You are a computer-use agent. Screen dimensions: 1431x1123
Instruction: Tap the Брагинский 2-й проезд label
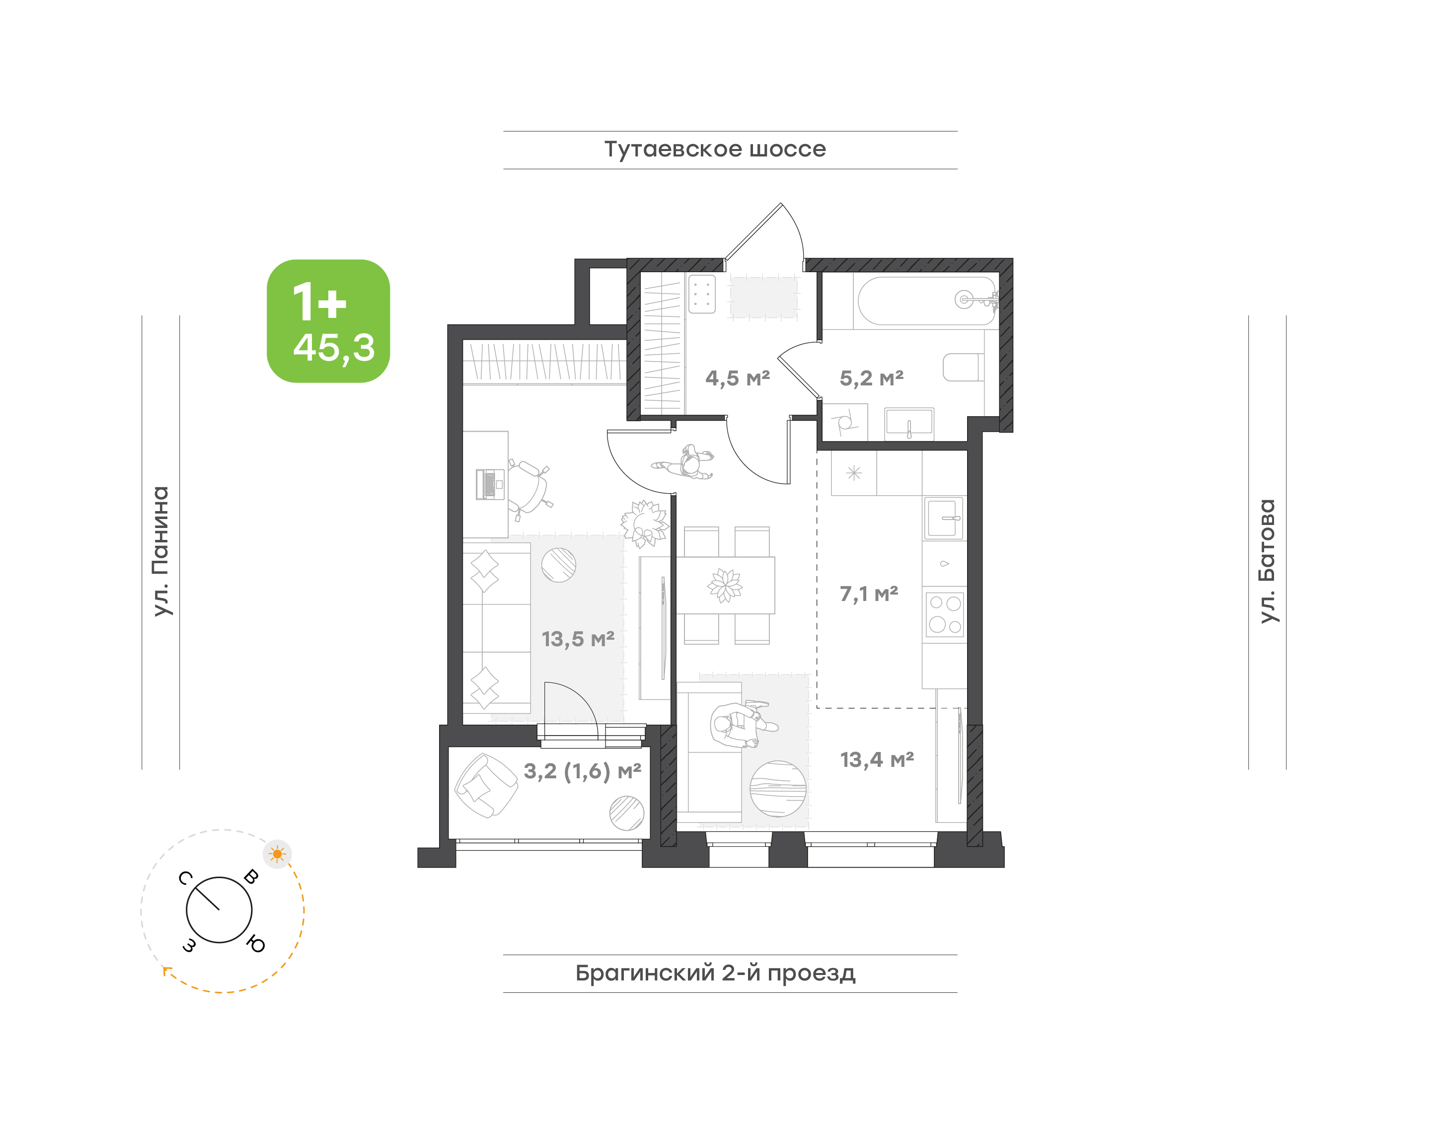(x=715, y=973)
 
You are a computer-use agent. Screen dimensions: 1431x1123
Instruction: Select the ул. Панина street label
(x=160, y=551)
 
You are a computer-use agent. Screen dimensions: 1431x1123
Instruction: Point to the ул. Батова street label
(x=1267, y=561)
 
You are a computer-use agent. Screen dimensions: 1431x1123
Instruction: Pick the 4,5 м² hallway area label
(x=737, y=378)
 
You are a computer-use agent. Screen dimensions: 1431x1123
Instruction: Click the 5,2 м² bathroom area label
(x=871, y=378)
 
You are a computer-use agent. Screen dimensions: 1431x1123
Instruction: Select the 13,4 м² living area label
(x=877, y=760)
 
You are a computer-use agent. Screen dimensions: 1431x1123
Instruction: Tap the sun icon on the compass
(x=278, y=854)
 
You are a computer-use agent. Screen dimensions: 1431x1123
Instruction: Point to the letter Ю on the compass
(x=256, y=945)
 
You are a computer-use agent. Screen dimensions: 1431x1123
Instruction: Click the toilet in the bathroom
(x=963, y=368)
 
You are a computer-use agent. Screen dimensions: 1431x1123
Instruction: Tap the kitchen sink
(x=944, y=518)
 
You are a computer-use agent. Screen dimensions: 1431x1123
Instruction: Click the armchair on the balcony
(x=486, y=786)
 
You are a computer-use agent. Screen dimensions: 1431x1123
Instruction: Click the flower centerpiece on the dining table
(x=725, y=585)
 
